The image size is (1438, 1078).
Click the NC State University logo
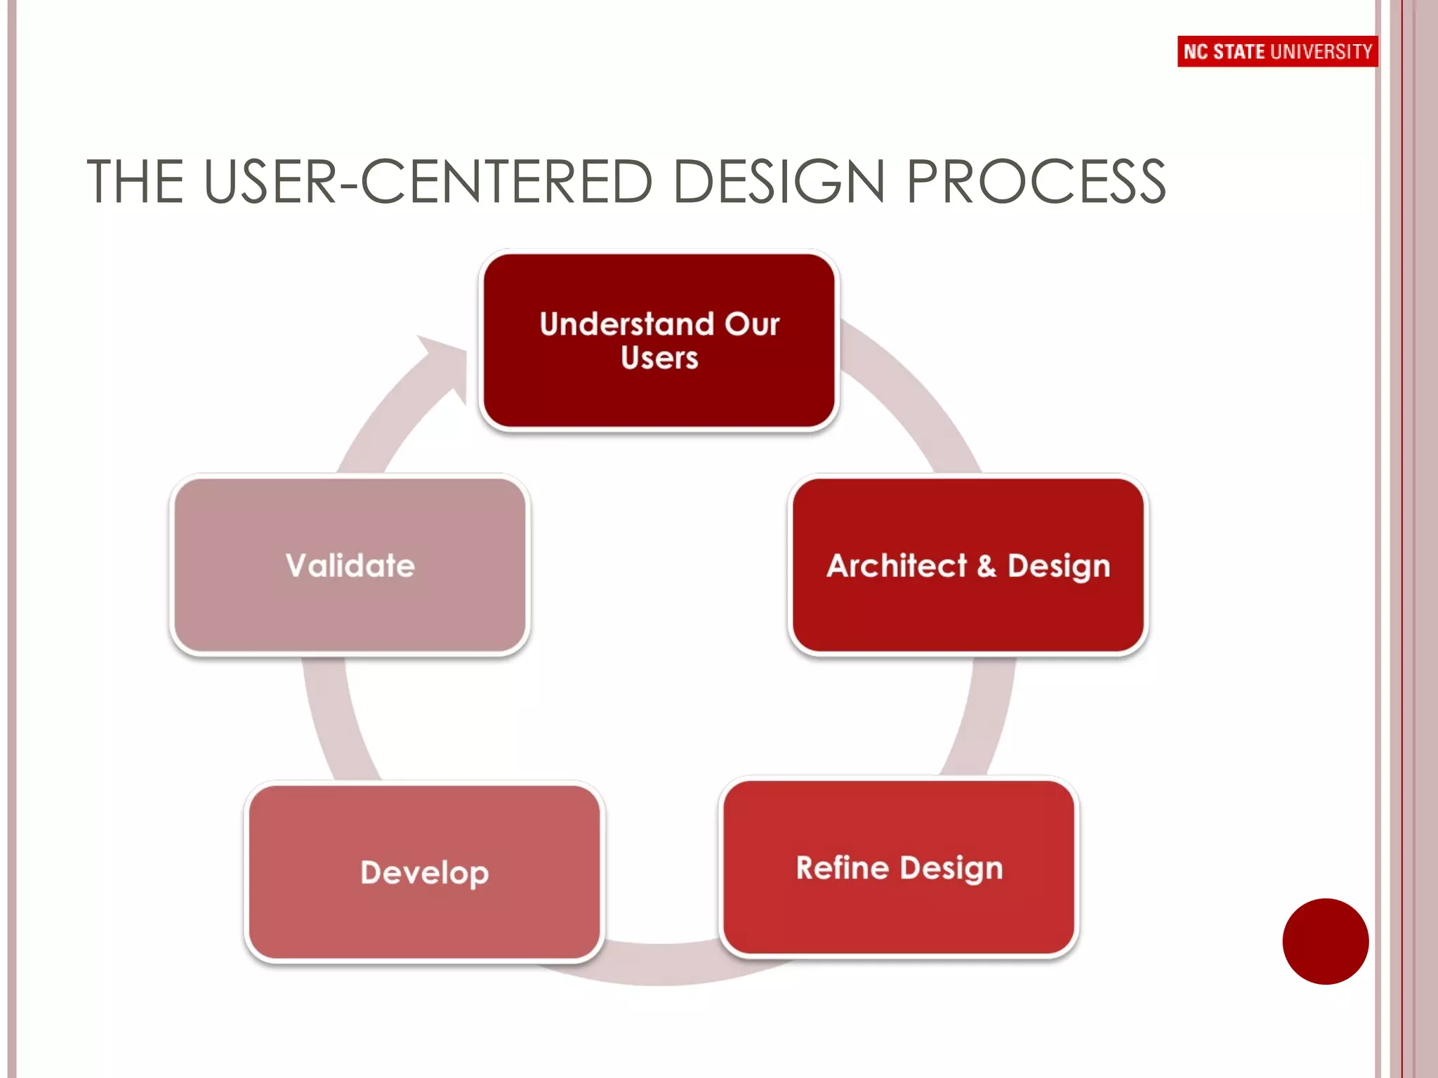click(x=1277, y=51)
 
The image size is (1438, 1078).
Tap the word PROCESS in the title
click(x=1036, y=182)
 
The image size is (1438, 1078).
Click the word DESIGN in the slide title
click(x=778, y=182)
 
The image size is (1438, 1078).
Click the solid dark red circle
click(x=1325, y=941)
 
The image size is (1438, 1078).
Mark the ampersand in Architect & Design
click(x=986, y=566)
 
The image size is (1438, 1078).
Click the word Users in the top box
click(x=659, y=358)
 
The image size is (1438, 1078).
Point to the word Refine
click(x=843, y=868)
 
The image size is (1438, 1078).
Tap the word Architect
click(x=897, y=566)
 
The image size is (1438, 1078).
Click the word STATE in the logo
click(x=1239, y=52)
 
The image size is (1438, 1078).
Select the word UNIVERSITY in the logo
click(x=1321, y=52)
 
